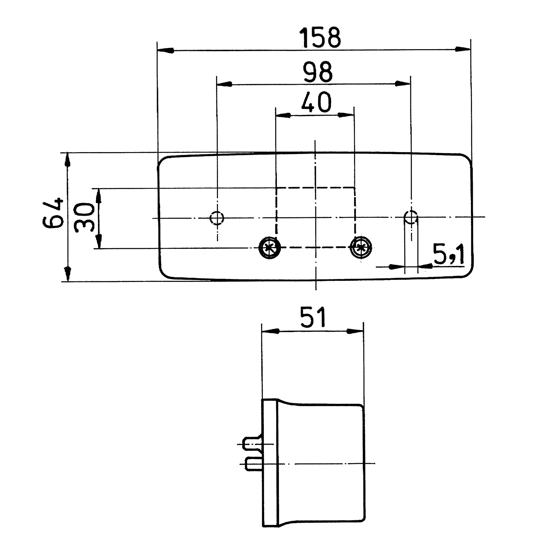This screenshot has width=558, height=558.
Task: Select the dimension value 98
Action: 317,72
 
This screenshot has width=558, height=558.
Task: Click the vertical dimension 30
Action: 83,218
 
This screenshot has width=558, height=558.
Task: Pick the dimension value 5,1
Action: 449,255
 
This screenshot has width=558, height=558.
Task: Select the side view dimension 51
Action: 312,317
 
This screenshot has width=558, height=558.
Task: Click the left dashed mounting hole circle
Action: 217,218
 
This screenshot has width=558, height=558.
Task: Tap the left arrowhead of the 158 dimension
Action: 166,50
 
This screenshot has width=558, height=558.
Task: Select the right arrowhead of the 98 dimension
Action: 403,84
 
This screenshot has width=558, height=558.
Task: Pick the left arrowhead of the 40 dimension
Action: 283,115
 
